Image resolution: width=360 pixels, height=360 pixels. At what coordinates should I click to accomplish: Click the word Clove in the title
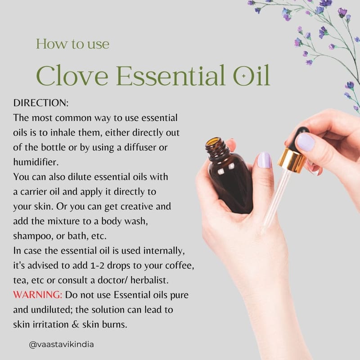(72, 75)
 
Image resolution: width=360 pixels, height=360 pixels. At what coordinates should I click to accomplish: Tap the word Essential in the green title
(171, 75)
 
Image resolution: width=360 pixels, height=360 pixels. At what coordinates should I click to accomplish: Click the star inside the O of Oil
(244, 76)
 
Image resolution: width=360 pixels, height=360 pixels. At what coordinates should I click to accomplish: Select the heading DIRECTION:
(41, 103)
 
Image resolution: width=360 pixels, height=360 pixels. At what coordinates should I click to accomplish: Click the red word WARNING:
(38, 295)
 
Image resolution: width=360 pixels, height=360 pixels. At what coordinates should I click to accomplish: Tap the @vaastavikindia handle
(61, 344)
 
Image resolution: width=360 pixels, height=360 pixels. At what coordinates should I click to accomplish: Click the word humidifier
(36, 162)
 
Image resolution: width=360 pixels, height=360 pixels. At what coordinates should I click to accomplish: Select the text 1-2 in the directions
(97, 265)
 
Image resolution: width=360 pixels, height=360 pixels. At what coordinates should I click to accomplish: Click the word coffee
(179, 265)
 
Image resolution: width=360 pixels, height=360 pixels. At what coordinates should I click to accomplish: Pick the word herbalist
(149, 280)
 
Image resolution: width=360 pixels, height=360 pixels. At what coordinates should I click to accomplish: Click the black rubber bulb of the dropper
(298, 138)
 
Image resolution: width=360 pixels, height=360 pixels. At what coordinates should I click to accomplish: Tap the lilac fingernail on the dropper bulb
(306, 143)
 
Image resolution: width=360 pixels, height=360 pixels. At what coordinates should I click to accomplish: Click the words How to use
(72, 44)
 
